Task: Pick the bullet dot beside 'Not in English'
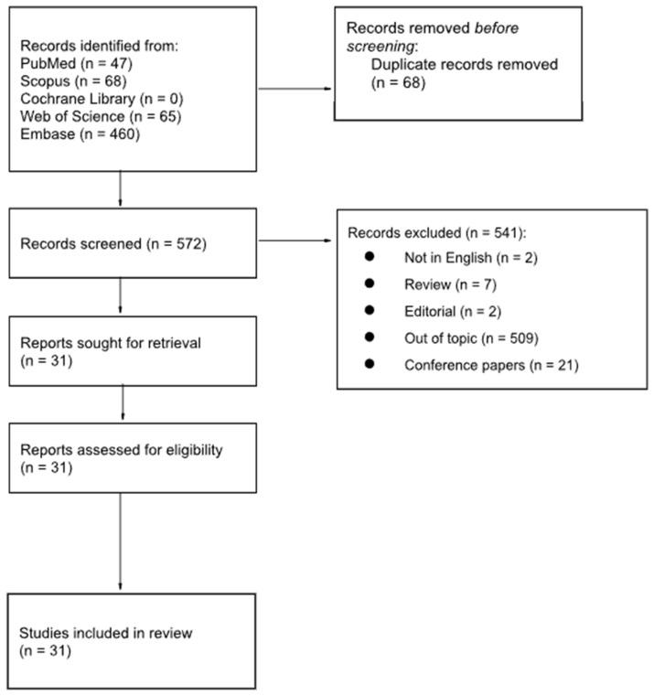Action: [x=369, y=259]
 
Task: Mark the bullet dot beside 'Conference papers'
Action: [x=369, y=365]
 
